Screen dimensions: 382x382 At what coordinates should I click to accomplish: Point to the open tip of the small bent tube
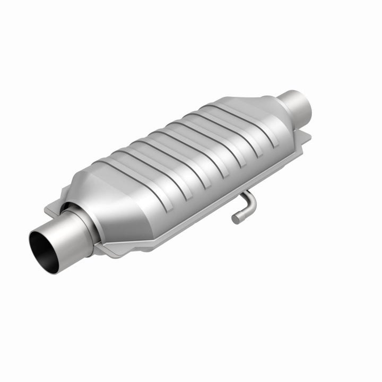coord(235,218)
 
